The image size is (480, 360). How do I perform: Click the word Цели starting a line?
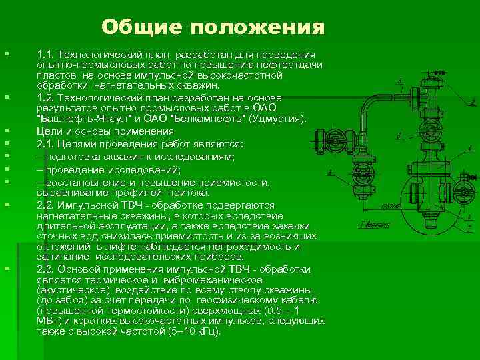(49, 131)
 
